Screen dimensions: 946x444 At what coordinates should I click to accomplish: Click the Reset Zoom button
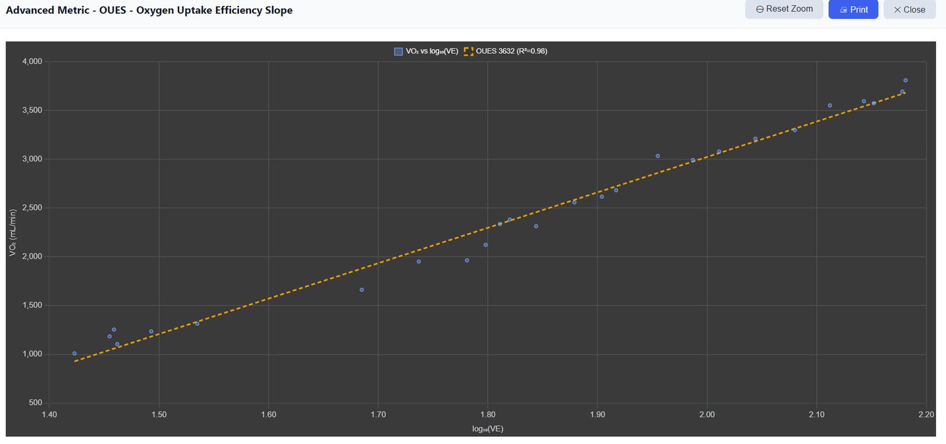point(784,9)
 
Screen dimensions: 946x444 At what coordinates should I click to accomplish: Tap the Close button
point(909,9)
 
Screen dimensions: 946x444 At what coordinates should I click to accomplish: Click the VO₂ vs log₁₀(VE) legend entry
point(426,51)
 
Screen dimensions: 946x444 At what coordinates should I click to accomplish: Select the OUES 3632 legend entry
point(506,51)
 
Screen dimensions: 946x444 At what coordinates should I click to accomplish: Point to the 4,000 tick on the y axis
point(32,61)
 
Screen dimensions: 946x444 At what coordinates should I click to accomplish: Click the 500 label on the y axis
point(35,403)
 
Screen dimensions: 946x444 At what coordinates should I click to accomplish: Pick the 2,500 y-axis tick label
point(32,208)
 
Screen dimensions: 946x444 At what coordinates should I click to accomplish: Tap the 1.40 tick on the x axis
point(50,414)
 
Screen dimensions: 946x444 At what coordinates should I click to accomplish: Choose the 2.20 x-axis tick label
point(926,414)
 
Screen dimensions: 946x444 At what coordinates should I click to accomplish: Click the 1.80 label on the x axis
point(488,414)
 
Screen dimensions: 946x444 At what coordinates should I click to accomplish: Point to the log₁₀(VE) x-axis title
point(488,429)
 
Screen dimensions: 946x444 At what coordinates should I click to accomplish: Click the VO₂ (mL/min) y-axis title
point(12,232)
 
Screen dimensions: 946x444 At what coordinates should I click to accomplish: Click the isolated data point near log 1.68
point(361,290)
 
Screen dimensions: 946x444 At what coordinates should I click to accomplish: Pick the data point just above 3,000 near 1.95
point(657,156)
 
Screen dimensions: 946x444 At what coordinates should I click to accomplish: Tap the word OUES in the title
point(113,10)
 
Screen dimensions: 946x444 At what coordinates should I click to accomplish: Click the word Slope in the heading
point(278,10)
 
